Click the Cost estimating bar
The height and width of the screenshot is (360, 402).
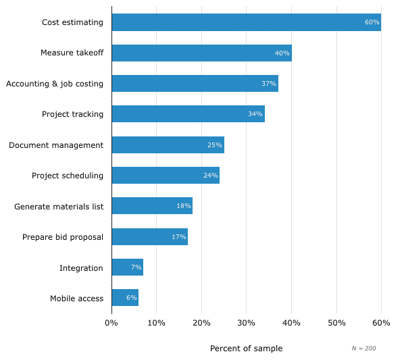pyautogui.click(x=246, y=22)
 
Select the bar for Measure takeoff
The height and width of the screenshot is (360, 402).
pyautogui.click(x=201, y=53)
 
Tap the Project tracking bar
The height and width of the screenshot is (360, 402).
pyautogui.click(x=188, y=114)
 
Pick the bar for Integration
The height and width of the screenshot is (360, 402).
pyautogui.click(x=127, y=267)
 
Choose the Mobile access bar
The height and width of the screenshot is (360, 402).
pyautogui.click(x=125, y=298)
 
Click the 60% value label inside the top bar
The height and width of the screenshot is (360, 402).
pyautogui.click(x=372, y=22)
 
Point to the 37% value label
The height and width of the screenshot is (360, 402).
pyautogui.click(x=268, y=84)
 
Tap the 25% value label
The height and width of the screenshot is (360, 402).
pyautogui.click(x=214, y=145)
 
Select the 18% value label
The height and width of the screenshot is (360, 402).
pyautogui.click(x=183, y=206)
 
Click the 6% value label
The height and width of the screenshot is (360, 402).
pyautogui.click(x=131, y=298)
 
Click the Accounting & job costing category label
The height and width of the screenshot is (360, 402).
pyautogui.click(x=55, y=84)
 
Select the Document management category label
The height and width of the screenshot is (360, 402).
pyautogui.click(x=56, y=145)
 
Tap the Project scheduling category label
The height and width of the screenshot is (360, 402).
pyautogui.click(x=68, y=176)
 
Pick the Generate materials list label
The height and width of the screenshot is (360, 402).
pyautogui.click(x=59, y=206)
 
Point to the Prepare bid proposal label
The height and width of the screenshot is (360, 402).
pyautogui.click(x=63, y=237)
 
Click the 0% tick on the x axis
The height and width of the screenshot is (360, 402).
pyautogui.click(x=111, y=324)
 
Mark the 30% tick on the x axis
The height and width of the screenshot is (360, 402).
pyautogui.click(x=246, y=324)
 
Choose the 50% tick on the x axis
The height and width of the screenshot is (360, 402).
pyautogui.click(x=336, y=324)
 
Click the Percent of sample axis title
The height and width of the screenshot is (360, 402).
pyautogui.click(x=246, y=349)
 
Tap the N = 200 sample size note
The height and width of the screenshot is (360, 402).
pyautogui.click(x=363, y=349)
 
